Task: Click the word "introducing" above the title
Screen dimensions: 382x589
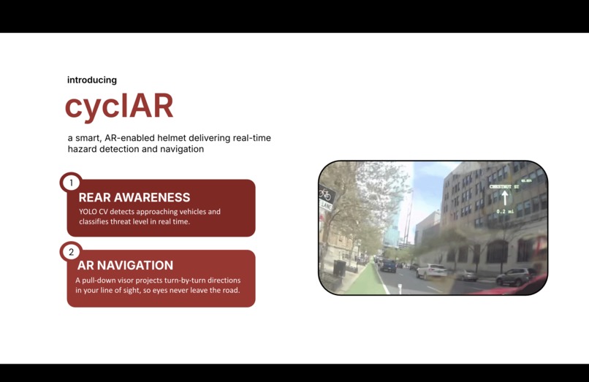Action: pos(92,80)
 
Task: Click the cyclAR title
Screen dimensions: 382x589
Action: pos(119,106)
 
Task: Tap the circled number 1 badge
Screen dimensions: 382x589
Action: pos(71,183)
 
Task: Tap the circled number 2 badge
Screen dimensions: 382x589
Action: pos(71,252)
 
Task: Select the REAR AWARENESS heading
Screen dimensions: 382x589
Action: pos(134,197)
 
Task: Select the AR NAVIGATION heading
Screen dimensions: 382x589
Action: pos(125,265)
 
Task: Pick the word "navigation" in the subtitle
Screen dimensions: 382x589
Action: pos(183,149)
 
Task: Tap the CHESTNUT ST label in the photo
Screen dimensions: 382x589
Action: pos(504,187)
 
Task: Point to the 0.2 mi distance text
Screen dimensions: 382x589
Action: pos(504,211)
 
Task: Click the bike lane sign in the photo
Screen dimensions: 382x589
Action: pos(326,196)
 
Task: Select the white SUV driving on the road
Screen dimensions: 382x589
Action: pos(431,271)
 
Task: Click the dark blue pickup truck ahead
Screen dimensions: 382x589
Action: pos(388,267)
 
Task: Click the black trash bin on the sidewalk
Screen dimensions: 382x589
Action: pos(339,267)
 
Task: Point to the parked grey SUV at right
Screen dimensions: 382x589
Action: pos(516,276)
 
